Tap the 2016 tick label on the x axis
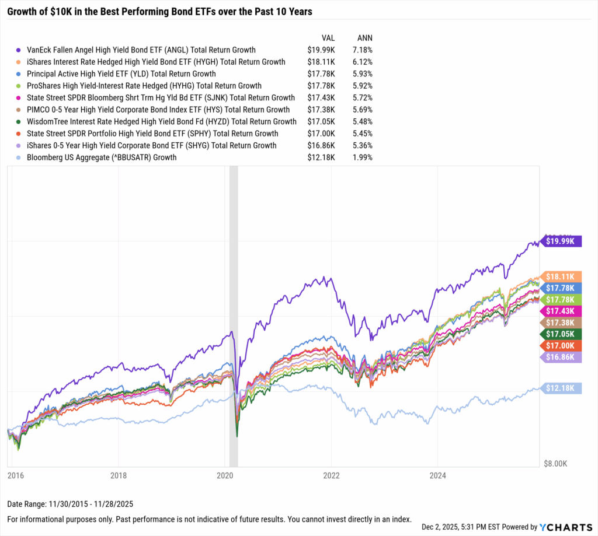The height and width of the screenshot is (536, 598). pos(16,475)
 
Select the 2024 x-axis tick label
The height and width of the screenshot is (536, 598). pos(437,475)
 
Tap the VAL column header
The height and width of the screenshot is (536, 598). pos(328,36)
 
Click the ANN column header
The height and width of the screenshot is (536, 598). pos(364,36)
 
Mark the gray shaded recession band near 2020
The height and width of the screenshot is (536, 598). pos(234,315)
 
